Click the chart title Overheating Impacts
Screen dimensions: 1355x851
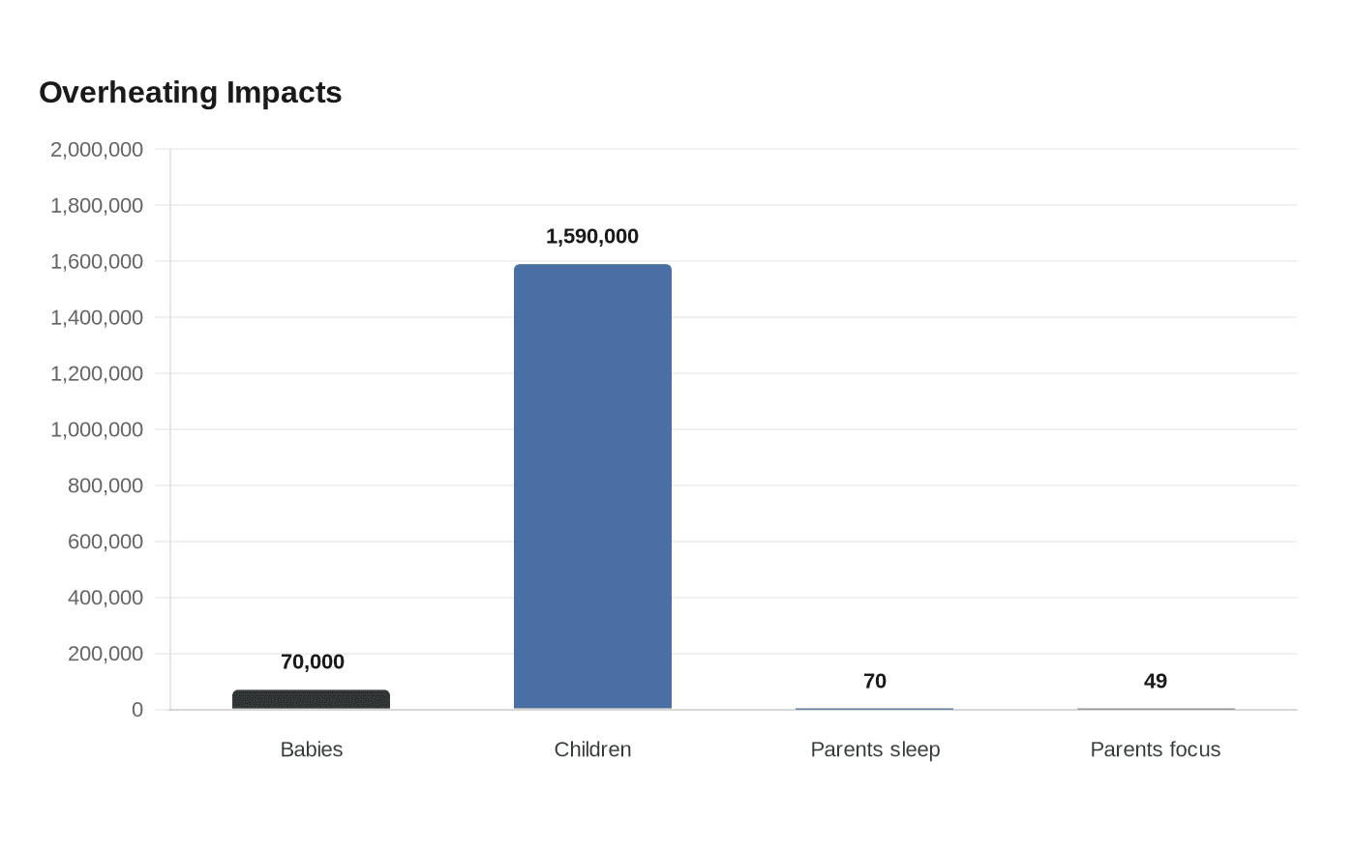pos(191,93)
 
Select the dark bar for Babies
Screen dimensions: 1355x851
pos(311,699)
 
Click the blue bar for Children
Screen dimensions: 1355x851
pos(592,486)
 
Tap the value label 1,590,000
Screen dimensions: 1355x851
pos(592,236)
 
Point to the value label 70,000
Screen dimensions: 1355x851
pos(312,661)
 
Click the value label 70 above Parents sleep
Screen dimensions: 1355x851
pos(875,681)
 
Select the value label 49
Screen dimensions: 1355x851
pos(1156,681)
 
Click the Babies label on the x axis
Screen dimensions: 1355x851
pos(312,749)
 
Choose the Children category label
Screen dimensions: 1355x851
pos(592,749)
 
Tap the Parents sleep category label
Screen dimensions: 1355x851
pos(875,750)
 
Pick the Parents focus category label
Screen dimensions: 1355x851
pos(1156,749)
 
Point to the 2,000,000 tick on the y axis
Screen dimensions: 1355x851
pos(97,149)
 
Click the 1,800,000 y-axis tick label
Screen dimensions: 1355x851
pos(97,205)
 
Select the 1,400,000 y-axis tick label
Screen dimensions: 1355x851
pos(97,317)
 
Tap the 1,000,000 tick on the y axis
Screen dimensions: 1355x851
pos(97,429)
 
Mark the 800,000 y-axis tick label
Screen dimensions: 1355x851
pos(105,485)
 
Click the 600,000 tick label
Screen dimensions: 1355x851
pos(105,542)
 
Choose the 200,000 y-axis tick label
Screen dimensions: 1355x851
pos(105,654)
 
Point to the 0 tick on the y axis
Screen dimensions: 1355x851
pos(137,710)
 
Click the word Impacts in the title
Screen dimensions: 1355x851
pos(285,93)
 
